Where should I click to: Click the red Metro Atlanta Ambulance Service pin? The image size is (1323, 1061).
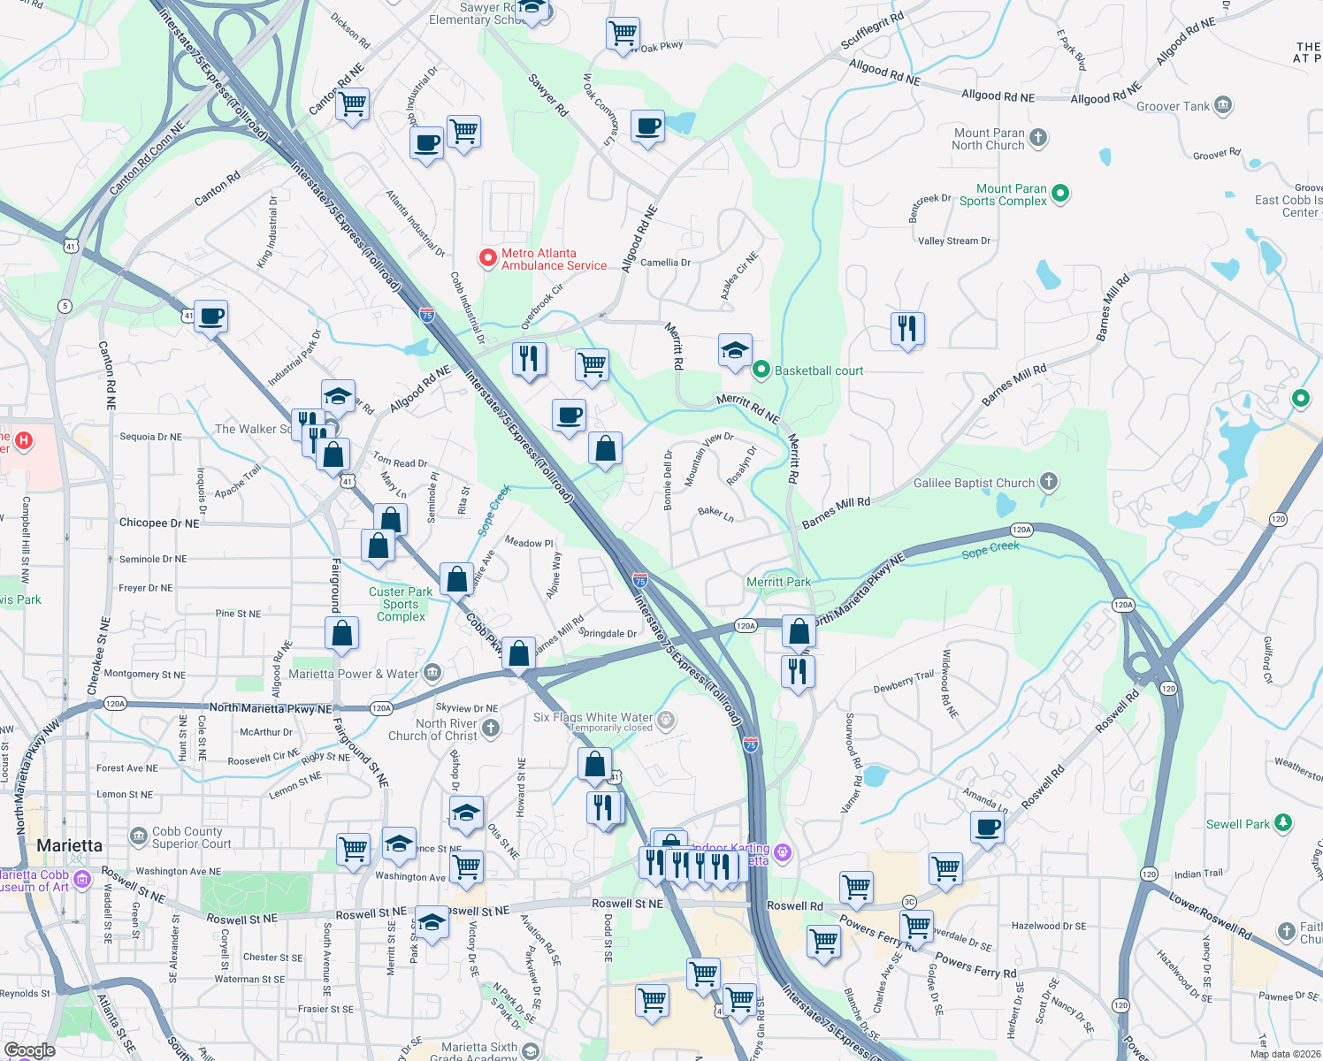click(487, 258)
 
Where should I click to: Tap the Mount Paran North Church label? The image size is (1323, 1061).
click(988, 139)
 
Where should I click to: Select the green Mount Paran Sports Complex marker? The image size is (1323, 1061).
click(1061, 193)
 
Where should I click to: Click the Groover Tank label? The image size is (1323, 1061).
click(1173, 106)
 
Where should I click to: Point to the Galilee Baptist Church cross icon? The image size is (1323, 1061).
click(1049, 482)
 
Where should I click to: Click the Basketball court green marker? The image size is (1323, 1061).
click(761, 370)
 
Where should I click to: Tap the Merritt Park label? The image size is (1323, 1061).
click(778, 582)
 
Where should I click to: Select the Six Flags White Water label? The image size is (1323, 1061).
click(593, 717)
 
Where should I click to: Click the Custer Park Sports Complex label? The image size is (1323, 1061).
click(401, 604)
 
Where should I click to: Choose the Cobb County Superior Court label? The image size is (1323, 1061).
click(187, 837)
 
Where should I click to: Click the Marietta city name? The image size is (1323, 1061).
click(69, 845)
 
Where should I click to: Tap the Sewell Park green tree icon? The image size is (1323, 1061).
click(1283, 823)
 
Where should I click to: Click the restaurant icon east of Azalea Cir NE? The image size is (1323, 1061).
click(907, 328)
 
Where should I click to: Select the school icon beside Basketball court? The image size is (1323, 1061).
click(735, 351)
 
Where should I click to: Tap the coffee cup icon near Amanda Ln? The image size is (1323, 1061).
click(987, 828)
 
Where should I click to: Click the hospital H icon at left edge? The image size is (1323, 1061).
click(24, 439)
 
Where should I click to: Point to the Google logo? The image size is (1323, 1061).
click(29, 1050)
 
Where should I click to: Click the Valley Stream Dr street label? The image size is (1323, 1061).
click(953, 240)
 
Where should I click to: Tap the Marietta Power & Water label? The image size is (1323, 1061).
click(353, 674)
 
